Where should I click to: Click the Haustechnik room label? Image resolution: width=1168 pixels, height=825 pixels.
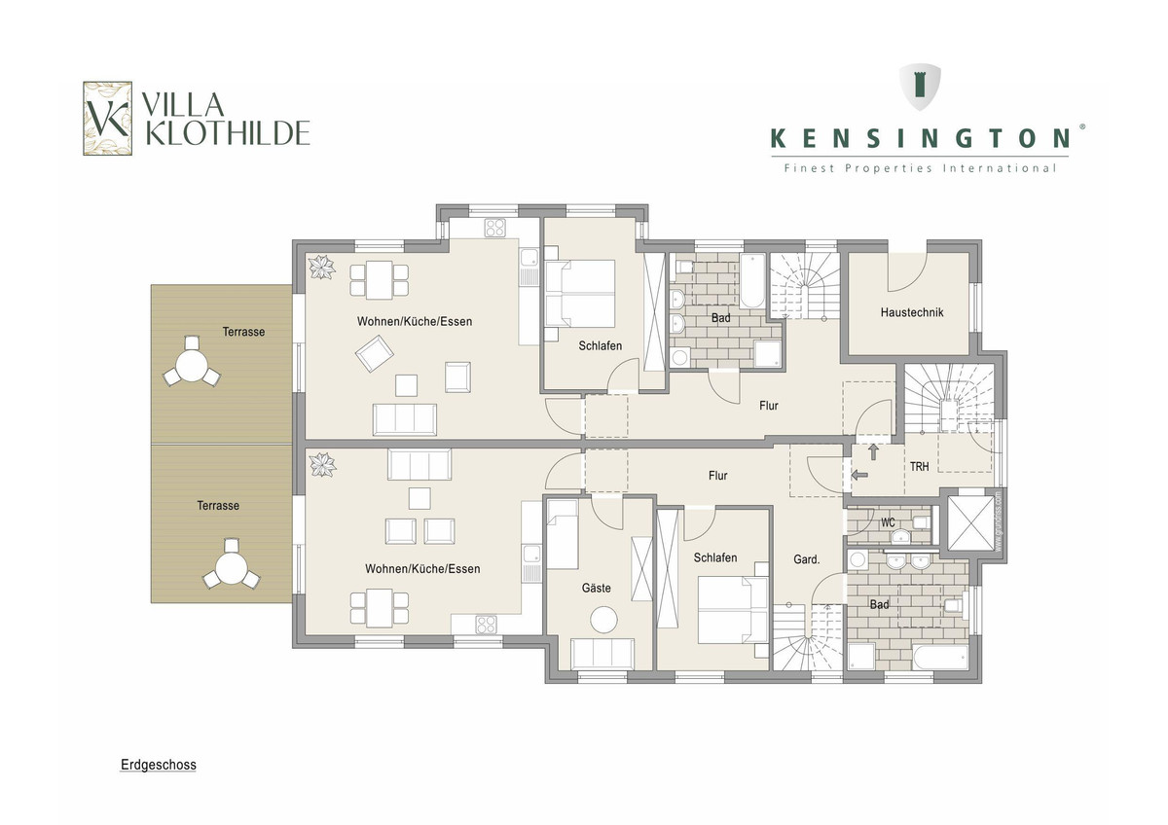(912, 312)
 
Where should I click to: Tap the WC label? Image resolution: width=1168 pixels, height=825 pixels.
(888, 522)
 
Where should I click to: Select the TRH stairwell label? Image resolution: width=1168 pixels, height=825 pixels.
(919, 466)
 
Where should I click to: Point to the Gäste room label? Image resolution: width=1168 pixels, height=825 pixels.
(596, 588)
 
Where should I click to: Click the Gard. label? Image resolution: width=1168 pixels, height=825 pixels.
(807, 559)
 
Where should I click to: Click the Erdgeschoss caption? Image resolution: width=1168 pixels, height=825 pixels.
(159, 765)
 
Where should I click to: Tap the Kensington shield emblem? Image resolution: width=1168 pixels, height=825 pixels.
(920, 87)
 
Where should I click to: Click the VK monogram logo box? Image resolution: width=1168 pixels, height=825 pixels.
(107, 119)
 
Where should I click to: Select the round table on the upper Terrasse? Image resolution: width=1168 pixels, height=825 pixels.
(192, 366)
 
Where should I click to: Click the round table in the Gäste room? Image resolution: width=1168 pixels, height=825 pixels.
(603, 620)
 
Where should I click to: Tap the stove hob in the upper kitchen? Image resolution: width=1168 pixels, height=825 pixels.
(494, 228)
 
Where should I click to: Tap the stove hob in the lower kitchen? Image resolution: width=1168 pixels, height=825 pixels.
(486, 624)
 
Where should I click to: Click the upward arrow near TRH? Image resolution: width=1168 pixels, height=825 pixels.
(873, 451)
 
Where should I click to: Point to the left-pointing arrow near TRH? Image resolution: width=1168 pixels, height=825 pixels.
(859, 475)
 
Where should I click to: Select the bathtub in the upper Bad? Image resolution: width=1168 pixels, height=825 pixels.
(752, 281)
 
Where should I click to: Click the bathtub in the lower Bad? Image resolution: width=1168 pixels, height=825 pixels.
(940, 658)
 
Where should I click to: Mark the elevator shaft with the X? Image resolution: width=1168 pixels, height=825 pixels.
(970, 523)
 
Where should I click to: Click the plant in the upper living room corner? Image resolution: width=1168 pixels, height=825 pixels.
(322, 268)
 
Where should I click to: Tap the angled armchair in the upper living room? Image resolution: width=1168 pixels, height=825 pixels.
(375, 353)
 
